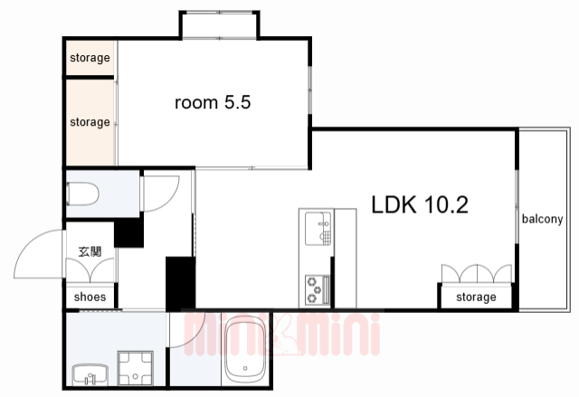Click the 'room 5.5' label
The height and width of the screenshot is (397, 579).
click(x=213, y=102)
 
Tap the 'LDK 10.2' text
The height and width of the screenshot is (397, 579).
click(x=420, y=204)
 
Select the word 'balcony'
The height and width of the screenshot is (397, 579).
click(x=542, y=219)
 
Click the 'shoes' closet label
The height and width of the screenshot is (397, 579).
click(x=90, y=297)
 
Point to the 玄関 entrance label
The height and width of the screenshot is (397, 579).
click(x=90, y=251)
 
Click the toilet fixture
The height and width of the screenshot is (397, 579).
click(x=82, y=194)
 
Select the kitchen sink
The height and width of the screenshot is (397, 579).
click(x=318, y=229)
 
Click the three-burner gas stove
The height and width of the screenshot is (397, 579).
click(x=318, y=289)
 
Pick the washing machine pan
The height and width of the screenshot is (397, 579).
click(x=136, y=368)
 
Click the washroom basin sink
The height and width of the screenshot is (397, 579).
click(x=90, y=374)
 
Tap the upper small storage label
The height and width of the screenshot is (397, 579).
click(x=90, y=58)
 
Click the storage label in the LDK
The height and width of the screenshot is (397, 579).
click(x=476, y=297)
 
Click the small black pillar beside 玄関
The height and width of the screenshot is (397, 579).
click(x=128, y=232)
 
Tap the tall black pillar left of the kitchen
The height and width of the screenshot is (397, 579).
click(x=180, y=283)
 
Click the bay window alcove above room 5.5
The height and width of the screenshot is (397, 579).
click(x=220, y=25)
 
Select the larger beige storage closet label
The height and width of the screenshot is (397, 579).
click(x=90, y=122)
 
